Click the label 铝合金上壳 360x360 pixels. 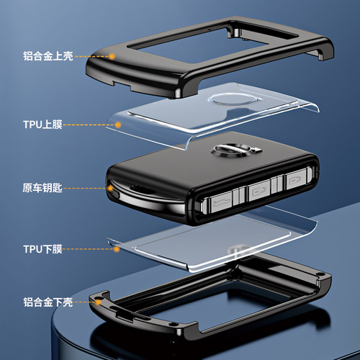click(48, 56)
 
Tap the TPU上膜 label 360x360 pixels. click(42, 125)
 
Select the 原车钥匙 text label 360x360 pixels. click(42, 188)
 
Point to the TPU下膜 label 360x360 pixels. click(42, 249)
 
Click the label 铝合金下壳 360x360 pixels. click(48, 302)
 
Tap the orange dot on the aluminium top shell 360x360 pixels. click(112, 56)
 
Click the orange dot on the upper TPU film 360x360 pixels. click(118, 125)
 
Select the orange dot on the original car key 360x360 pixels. click(110, 189)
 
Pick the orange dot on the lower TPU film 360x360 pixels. click(117, 249)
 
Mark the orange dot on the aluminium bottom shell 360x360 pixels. click(99, 302)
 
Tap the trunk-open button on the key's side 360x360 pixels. click(218, 202)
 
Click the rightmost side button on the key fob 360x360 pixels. click(296, 179)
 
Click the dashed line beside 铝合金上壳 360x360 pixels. click(91, 57)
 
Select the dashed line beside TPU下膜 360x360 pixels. click(89, 249)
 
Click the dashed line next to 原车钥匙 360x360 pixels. click(85, 189)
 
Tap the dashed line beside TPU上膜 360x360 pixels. click(89, 125)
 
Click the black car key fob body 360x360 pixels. click(212, 178)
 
